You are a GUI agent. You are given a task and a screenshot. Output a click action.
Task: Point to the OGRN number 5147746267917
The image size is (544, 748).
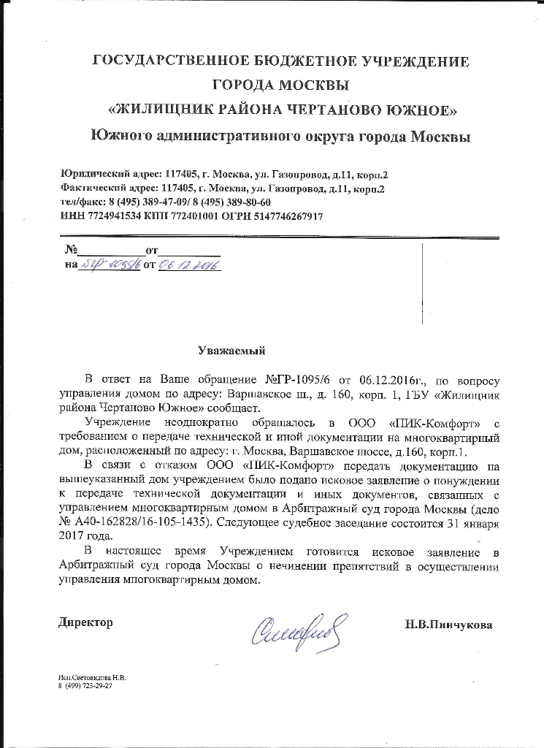[x=287, y=217]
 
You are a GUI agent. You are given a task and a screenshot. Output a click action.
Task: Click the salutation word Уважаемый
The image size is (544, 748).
[x=231, y=351]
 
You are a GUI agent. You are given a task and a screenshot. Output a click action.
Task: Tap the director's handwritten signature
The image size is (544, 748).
[x=299, y=628]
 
